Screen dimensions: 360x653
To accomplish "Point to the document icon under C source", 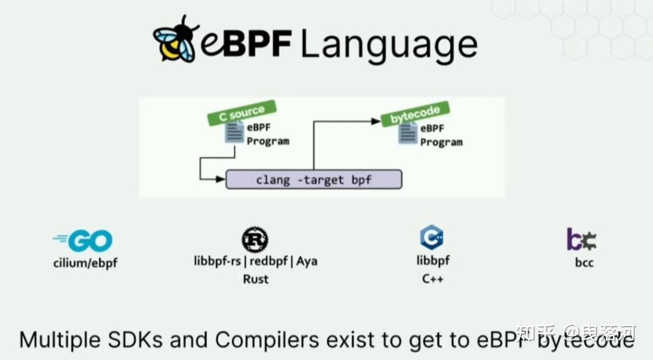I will [234, 133].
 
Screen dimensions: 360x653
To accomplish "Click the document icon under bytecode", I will [406, 133].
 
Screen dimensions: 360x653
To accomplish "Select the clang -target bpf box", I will [313, 179].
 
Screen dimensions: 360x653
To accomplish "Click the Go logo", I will [83, 241].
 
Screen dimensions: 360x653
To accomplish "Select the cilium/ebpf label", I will [85, 262].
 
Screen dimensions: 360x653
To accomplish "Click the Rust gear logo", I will [255, 239].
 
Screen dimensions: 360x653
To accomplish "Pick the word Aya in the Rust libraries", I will [307, 261].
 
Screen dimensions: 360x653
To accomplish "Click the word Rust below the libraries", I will [256, 279].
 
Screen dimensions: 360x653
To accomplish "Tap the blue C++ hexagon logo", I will [432, 238].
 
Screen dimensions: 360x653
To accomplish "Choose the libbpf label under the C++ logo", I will [433, 261].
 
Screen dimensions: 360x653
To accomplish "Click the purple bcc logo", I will [582, 239].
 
